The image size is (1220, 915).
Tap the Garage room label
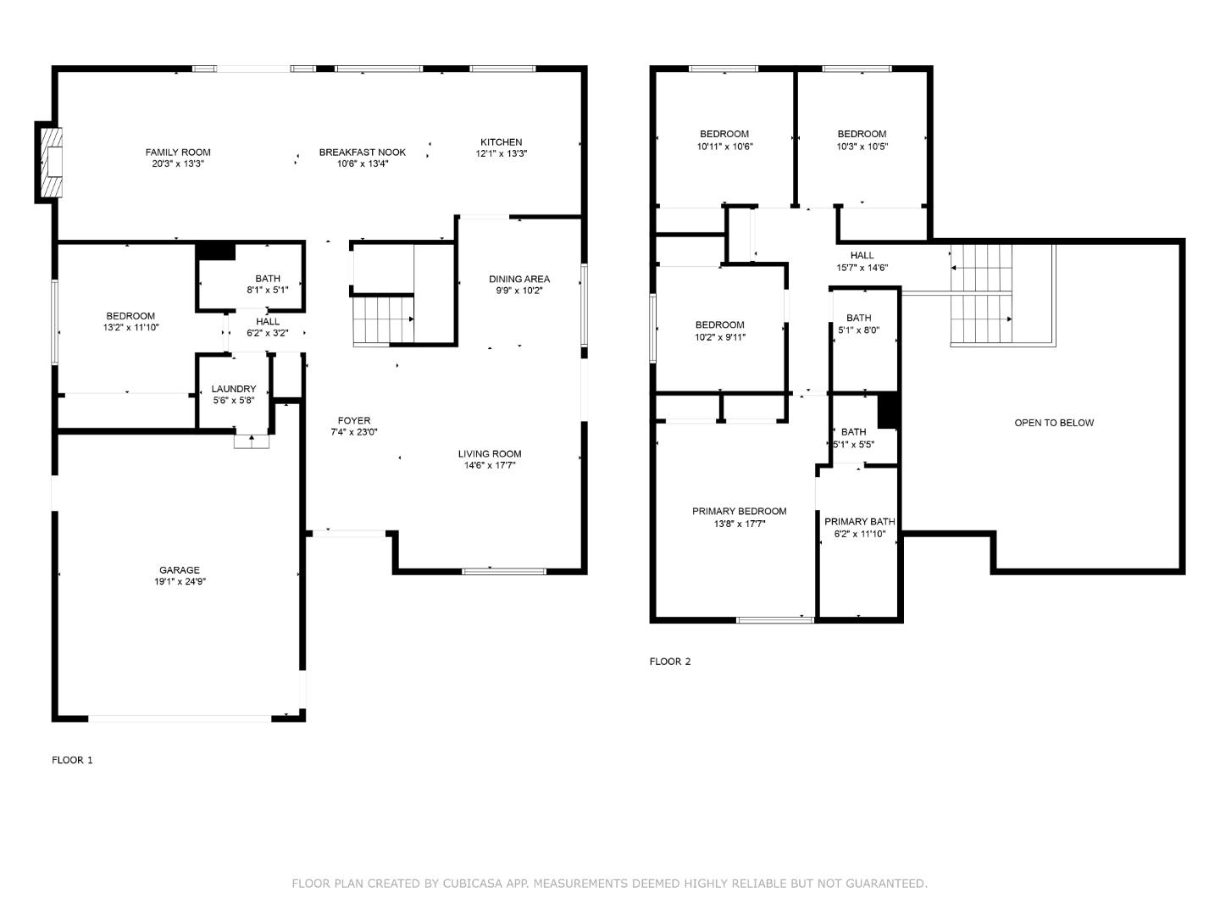click(x=180, y=570)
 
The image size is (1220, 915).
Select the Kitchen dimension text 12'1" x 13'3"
click(x=501, y=154)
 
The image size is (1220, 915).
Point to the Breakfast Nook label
click(x=362, y=152)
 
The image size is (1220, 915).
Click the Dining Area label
click(x=518, y=279)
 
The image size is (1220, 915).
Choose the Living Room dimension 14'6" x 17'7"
click(x=490, y=465)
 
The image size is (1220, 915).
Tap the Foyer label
click(x=353, y=420)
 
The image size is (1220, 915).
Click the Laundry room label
click(x=233, y=389)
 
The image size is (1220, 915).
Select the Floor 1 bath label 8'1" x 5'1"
click(x=268, y=290)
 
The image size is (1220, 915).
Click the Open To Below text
click(x=1054, y=423)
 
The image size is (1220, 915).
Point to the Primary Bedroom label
click(x=739, y=511)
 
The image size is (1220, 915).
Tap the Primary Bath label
click(x=859, y=522)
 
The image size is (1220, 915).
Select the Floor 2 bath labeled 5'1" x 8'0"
click(x=858, y=330)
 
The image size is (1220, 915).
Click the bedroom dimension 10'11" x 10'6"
click(x=724, y=146)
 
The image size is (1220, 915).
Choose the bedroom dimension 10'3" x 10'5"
click(x=862, y=146)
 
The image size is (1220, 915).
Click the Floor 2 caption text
click(x=669, y=662)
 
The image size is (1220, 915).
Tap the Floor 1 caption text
click(x=72, y=760)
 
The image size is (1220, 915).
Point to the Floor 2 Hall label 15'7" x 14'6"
click(x=862, y=268)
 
